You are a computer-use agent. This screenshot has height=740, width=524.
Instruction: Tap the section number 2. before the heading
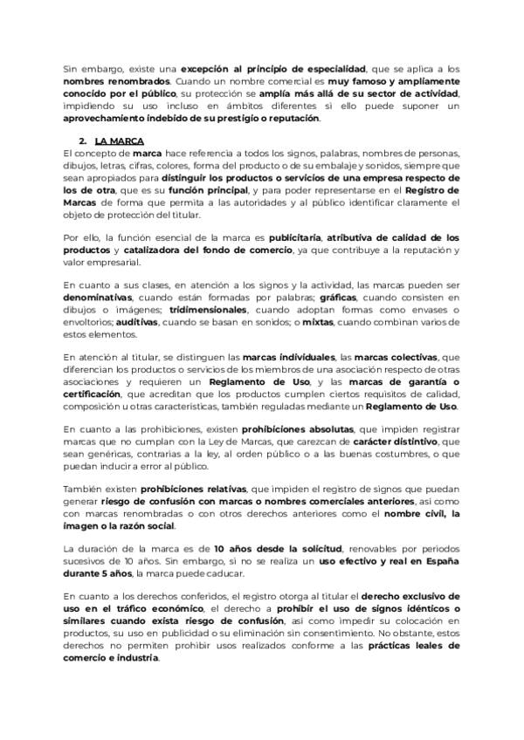[x=82, y=140]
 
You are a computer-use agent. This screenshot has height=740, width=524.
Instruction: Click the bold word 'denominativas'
[x=97, y=298]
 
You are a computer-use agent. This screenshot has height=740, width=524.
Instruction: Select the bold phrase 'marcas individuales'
[x=288, y=358]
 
